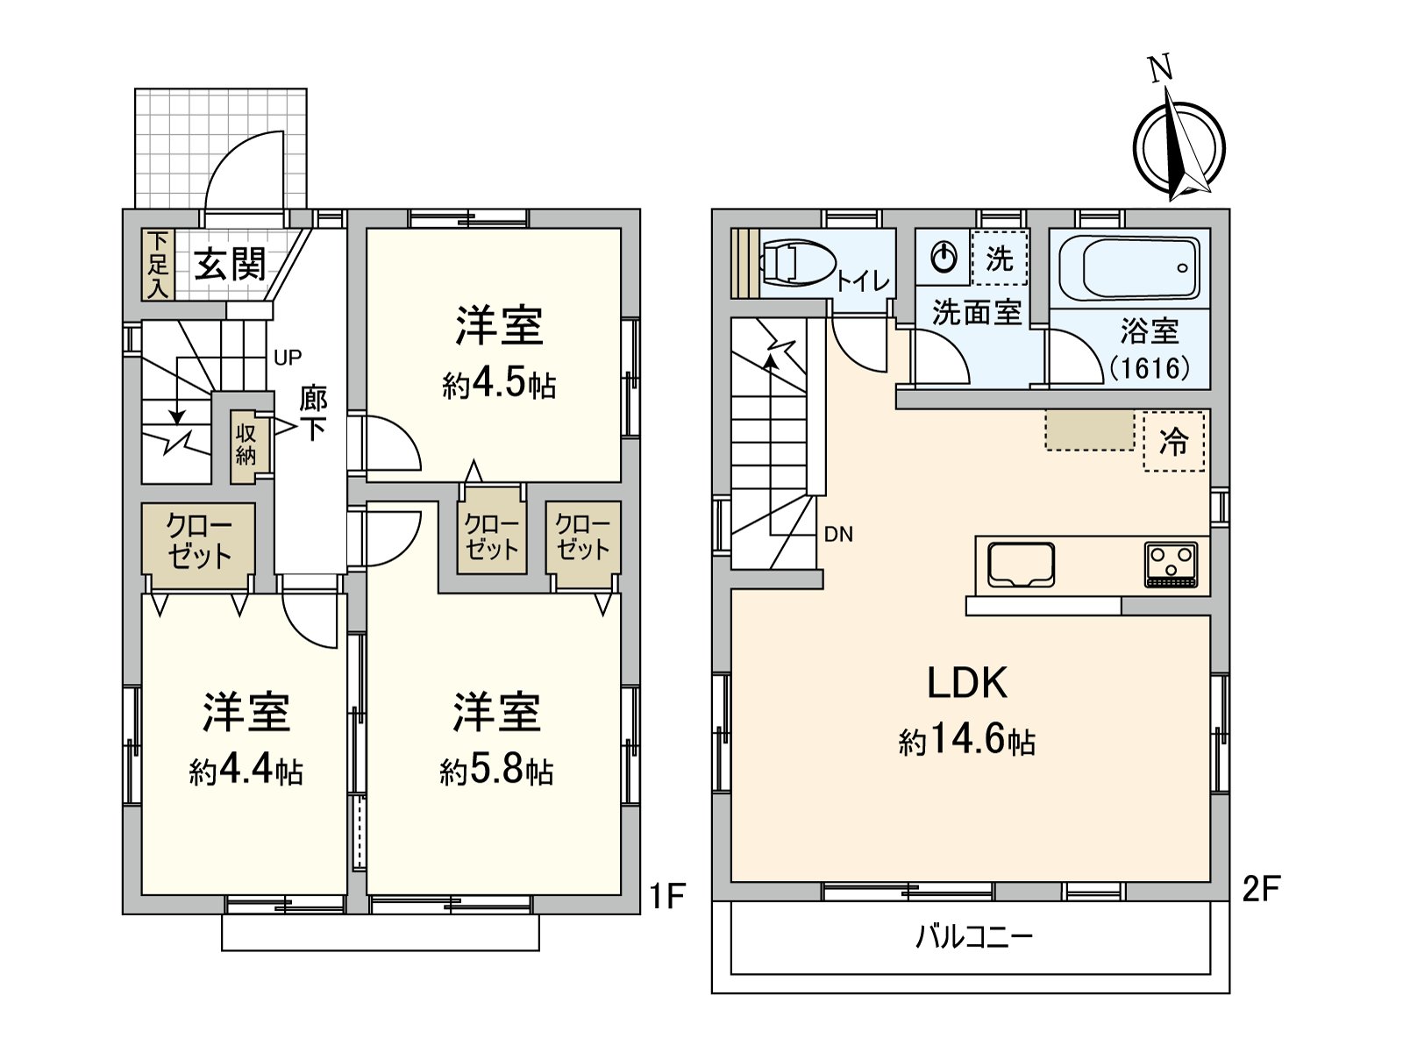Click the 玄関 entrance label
tap(230, 265)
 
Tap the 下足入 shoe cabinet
tap(158, 265)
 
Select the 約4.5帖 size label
tap(499, 385)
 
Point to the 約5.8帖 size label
tap(496, 771)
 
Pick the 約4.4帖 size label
tap(246, 771)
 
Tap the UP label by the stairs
tap(287, 358)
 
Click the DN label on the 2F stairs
tap(838, 534)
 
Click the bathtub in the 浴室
tap(1129, 269)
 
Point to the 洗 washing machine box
tap(999, 258)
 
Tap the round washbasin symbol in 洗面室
tap(943, 258)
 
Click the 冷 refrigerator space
tap(1173, 441)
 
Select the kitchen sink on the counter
tap(1021, 564)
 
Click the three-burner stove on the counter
tap(1171, 565)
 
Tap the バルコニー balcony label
tap(975, 938)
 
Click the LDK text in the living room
tap(967, 682)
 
